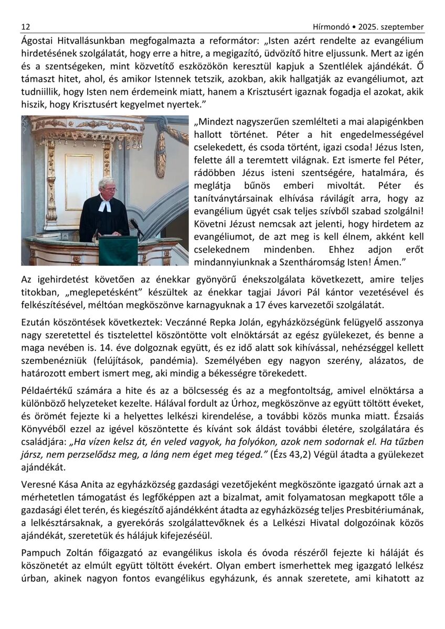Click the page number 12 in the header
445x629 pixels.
click(25, 27)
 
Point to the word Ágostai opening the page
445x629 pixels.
click(38, 40)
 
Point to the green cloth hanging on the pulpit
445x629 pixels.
click(118, 250)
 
